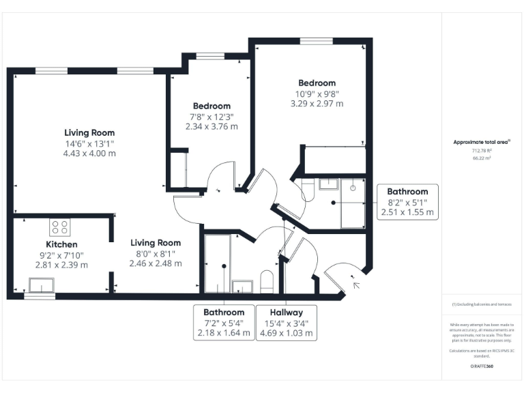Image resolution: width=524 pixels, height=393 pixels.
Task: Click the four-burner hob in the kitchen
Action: [x=59, y=227]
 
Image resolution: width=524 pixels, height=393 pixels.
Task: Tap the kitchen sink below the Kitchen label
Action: [x=42, y=285]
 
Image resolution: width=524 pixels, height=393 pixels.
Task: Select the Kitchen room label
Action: [x=61, y=244]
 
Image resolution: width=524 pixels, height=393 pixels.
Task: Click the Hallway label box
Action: [x=286, y=323]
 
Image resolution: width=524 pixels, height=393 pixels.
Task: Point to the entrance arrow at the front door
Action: [x=355, y=282]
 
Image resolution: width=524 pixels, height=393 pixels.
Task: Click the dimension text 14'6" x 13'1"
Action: [x=89, y=143]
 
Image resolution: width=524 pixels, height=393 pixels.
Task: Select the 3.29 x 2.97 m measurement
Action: [x=316, y=104]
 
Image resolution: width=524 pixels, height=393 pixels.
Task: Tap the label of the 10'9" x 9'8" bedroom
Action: [x=316, y=83]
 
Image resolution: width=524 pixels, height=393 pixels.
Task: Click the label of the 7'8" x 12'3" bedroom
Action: [x=212, y=106]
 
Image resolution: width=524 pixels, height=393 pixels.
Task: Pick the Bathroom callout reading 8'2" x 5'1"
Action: [x=407, y=202]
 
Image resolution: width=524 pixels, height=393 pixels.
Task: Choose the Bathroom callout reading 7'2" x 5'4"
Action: [x=223, y=323]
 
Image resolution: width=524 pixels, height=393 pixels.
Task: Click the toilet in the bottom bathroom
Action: [x=267, y=281]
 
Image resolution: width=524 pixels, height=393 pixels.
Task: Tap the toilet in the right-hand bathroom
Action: [x=306, y=189]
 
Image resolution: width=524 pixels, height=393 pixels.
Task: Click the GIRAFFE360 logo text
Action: [x=482, y=366]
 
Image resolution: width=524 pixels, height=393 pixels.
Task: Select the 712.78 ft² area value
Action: [x=482, y=151]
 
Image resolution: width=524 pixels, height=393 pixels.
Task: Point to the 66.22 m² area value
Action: [x=482, y=158]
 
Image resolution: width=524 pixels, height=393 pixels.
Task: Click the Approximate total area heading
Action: [x=482, y=142]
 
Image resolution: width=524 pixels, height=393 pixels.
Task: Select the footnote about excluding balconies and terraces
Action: [x=482, y=304]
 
